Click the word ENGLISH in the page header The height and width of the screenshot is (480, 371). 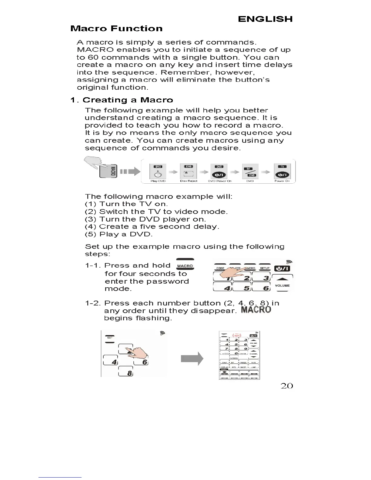point(265,19)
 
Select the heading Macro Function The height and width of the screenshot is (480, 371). point(116,29)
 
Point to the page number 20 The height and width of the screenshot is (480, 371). point(287,386)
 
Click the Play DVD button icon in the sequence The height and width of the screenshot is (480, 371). point(158,172)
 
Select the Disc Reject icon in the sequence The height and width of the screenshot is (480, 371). point(189,172)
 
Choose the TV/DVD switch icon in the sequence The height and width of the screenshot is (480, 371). point(250,172)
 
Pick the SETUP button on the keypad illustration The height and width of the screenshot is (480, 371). point(265,268)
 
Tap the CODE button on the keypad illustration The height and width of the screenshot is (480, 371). point(220,268)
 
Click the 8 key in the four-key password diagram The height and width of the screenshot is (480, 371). point(125,372)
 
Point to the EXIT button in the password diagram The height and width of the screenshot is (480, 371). point(110,338)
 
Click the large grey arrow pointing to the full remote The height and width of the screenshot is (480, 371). point(192,359)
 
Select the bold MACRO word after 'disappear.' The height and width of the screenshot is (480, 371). point(256,310)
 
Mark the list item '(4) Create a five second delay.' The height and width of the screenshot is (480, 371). point(152,227)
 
